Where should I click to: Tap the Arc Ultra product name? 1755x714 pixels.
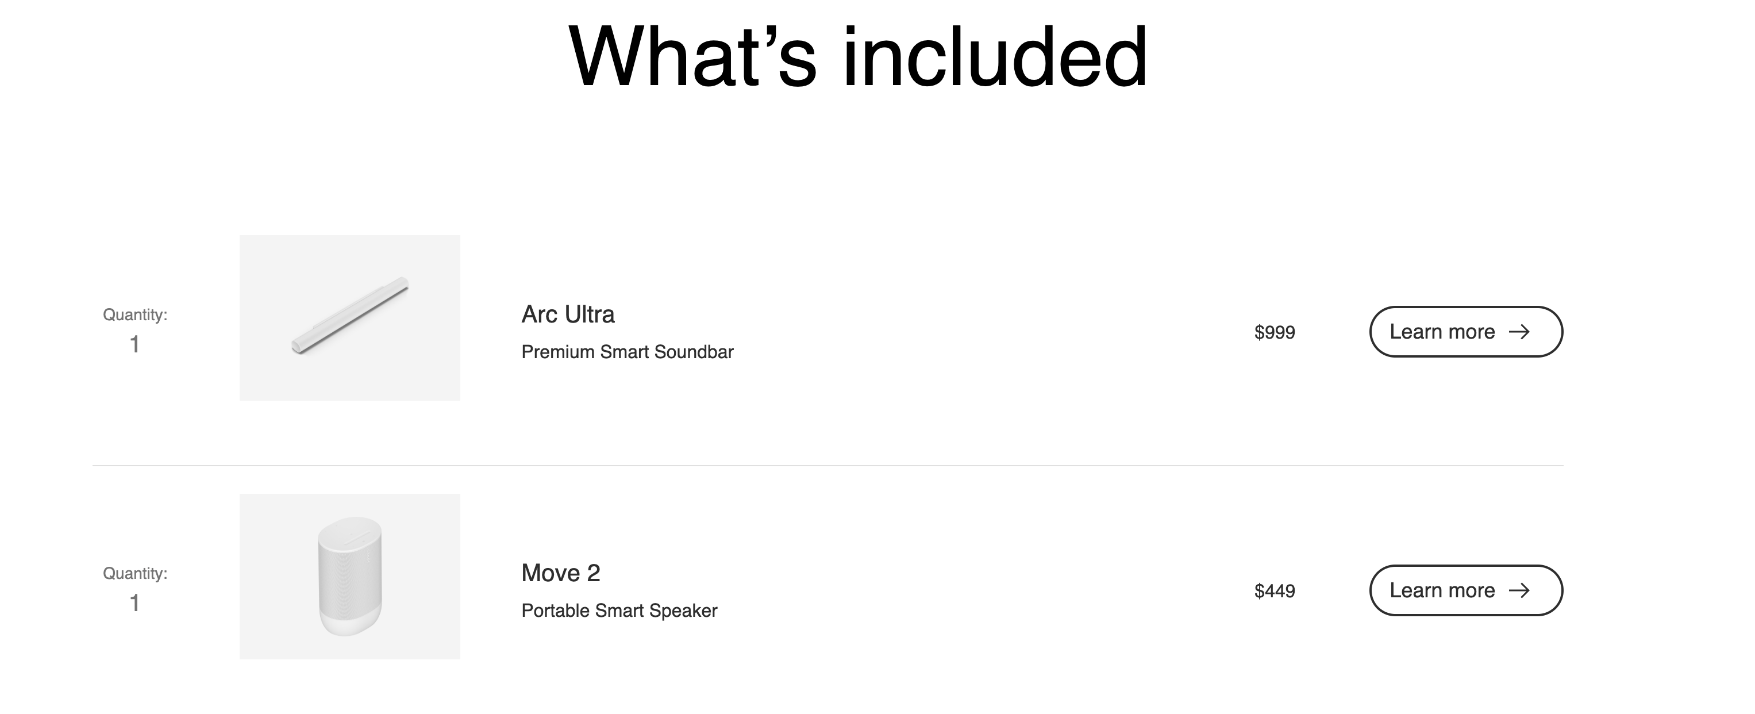[x=568, y=315]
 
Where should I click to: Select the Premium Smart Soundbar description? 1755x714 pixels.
[x=628, y=352]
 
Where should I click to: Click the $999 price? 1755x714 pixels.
[x=1275, y=332]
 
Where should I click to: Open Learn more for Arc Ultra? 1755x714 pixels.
[x=1466, y=332]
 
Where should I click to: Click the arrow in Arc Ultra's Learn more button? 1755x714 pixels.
[x=1520, y=332]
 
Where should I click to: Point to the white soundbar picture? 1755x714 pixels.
[x=350, y=316]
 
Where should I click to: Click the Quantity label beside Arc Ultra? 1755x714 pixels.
[x=135, y=315]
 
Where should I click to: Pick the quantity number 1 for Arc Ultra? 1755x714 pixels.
[x=135, y=344]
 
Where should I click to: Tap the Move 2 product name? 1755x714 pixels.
[x=561, y=573]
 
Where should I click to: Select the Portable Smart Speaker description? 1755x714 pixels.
[x=619, y=611]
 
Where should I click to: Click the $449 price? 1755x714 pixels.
[x=1275, y=590]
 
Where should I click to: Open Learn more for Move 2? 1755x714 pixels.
[x=1466, y=590]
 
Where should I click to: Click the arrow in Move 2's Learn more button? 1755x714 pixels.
[x=1520, y=590]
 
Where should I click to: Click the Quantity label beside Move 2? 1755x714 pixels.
[x=135, y=574]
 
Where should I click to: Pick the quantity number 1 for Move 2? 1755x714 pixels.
[x=135, y=603]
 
